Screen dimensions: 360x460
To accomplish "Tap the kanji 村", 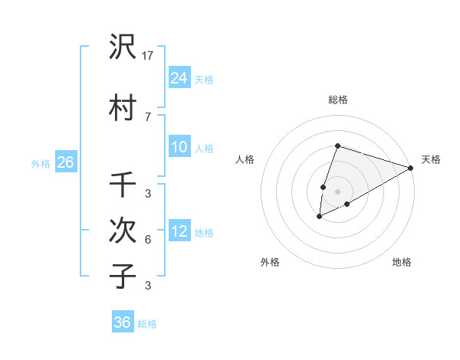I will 123,108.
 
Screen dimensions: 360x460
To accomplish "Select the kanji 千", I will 123,185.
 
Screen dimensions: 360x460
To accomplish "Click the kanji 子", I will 123,276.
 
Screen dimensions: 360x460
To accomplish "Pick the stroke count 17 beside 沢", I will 148,55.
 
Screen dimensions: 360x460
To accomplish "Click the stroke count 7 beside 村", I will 147,116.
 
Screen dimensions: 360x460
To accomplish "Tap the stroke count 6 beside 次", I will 147,240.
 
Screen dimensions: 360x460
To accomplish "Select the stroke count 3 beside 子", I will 147,286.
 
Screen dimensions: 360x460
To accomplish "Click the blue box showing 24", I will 179,77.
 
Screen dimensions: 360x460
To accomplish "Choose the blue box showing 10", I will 179,147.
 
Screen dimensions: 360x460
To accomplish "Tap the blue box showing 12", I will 179,231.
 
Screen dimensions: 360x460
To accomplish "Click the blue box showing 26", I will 65,162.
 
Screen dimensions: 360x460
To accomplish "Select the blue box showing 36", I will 123,322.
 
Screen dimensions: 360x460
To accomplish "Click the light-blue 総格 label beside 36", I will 148,324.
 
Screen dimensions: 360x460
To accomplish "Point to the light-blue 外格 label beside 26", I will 41,164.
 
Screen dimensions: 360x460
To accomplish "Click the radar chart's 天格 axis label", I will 431,159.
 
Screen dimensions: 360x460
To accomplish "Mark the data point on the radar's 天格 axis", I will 411,168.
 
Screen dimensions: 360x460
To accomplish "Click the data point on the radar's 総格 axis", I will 337,146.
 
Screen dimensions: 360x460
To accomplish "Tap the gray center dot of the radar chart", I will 337,191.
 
